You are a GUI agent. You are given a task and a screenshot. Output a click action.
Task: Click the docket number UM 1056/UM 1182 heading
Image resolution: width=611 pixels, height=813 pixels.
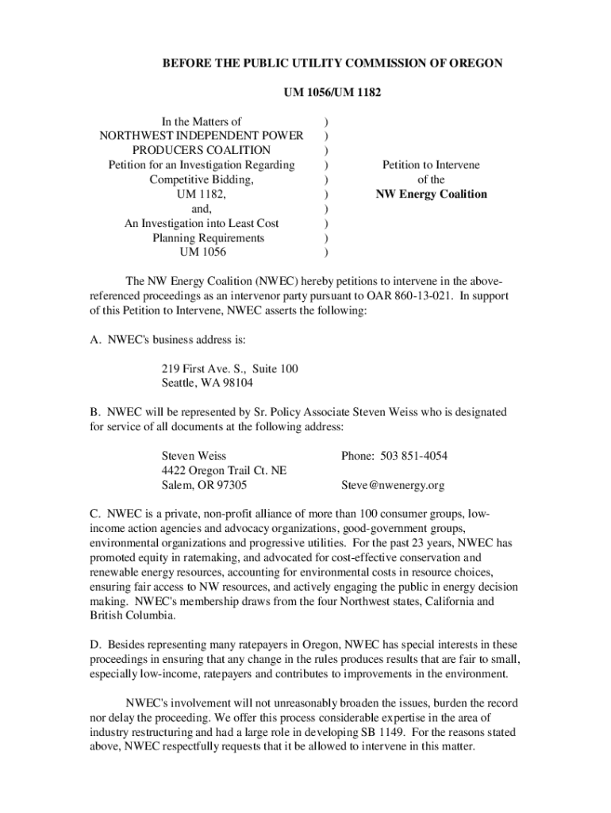click(x=332, y=93)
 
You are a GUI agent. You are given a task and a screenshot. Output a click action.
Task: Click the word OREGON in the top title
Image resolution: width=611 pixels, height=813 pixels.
click(x=474, y=63)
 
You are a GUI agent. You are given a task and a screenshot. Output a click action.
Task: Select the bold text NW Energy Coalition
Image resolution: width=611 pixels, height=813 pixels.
click(x=431, y=194)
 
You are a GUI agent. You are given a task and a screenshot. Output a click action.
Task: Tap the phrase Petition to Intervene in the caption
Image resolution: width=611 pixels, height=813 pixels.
click(x=431, y=165)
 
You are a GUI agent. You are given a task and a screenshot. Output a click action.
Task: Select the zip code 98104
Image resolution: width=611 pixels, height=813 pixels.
click(x=236, y=383)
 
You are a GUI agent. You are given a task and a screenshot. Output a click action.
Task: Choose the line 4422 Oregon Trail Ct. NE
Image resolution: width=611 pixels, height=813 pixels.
click(x=224, y=471)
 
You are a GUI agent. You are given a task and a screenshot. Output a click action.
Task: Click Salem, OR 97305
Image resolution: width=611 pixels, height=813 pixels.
click(x=204, y=485)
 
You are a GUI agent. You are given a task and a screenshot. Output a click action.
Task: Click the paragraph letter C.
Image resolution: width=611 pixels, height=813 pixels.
click(x=93, y=514)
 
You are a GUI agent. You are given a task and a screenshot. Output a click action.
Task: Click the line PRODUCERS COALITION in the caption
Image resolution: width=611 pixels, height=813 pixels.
click(x=202, y=150)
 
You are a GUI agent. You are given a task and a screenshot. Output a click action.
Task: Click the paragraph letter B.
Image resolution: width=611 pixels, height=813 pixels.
click(x=93, y=412)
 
